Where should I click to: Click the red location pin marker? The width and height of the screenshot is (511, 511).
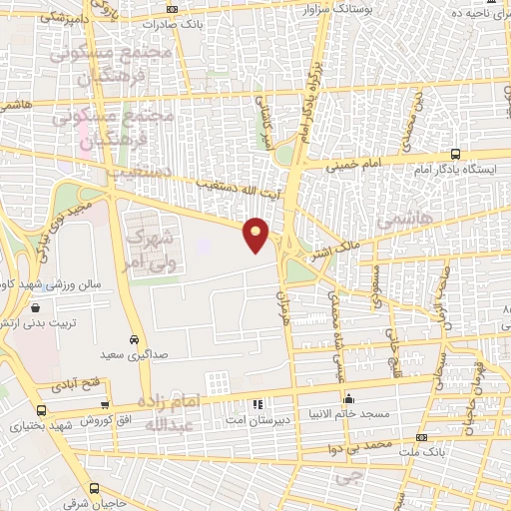256,234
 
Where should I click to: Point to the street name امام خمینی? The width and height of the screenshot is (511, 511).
377,155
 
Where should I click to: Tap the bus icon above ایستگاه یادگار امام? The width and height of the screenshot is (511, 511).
456,154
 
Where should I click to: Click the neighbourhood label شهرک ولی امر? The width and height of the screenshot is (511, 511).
153,250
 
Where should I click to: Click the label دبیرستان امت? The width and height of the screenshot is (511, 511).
258,420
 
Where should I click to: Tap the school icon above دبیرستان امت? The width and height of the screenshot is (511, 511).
258,405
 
